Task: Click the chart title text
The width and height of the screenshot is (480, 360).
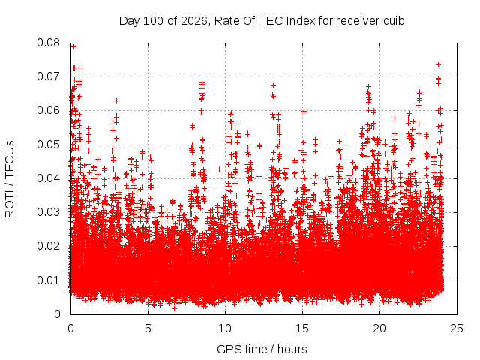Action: pyautogui.click(x=262, y=21)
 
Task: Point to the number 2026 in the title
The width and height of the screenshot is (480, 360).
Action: pyautogui.click(x=195, y=21)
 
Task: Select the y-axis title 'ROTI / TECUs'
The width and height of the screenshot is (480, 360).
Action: pyautogui.click(x=10, y=179)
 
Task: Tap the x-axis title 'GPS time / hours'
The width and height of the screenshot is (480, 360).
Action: pyautogui.click(x=262, y=349)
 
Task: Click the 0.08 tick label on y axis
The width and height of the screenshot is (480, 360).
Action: pyautogui.click(x=48, y=43)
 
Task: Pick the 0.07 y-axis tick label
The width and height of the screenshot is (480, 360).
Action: pyautogui.click(x=48, y=76)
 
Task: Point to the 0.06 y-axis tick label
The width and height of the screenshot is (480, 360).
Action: pyautogui.click(x=48, y=110)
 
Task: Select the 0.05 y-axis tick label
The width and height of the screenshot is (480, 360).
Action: pyautogui.click(x=48, y=145)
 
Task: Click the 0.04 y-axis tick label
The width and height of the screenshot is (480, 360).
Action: pyautogui.click(x=48, y=178)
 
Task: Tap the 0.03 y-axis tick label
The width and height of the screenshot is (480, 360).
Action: pyautogui.click(x=48, y=212)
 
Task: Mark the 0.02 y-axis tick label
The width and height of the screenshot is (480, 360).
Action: pyautogui.click(x=48, y=246)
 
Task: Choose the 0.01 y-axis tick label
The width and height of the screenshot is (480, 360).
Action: pyautogui.click(x=48, y=280)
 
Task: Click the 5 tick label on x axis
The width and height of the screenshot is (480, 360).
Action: pyautogui.click(x=148, y=328)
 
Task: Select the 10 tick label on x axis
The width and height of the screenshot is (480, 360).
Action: pyautogui.click(x=225, y=328)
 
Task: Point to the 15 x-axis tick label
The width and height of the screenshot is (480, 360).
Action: pyautogui.click(x=302, y=328)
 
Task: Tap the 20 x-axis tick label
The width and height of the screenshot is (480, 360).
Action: pyautogui.click(x=379, y=328)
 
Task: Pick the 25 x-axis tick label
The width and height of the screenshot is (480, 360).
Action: pyautogui.click(x=457, y=328)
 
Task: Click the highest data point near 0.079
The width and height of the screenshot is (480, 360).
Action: pyautogui.click(x=73, y=46)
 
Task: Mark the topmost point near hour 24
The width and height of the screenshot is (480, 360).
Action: pyautogui.click(x=438, y=64)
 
